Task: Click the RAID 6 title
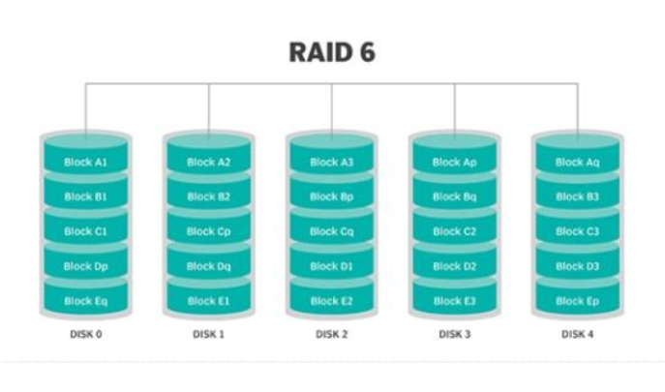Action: [332, 52]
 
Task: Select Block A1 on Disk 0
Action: [86, 162]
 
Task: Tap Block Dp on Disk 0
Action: [86, 266]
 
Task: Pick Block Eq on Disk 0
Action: [86, 301]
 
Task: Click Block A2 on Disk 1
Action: [209, 162]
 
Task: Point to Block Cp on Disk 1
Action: [209, 231]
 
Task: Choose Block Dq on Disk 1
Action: [209, 266]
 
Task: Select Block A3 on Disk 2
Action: [332, 162]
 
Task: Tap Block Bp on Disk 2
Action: [332, 196]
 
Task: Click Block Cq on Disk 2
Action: [332, 231]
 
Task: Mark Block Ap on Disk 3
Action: [455, 162]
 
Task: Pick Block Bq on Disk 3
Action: [455, 196]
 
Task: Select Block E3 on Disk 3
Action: [455, 301]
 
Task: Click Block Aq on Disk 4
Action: [578, 162]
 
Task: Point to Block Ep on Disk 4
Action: [578, 301]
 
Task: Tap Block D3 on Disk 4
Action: [578, 266]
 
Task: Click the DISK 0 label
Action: [86, 335]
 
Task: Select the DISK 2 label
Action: [332, 335]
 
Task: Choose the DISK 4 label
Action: [578, 335]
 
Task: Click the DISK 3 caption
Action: [455, 335]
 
